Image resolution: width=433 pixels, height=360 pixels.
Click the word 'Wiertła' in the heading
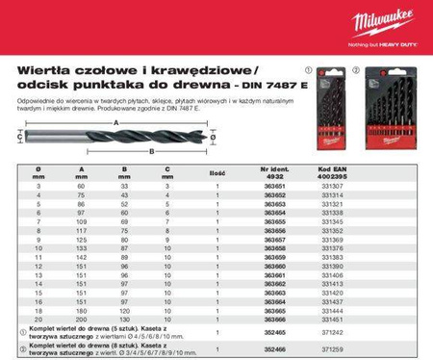[45, 70]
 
